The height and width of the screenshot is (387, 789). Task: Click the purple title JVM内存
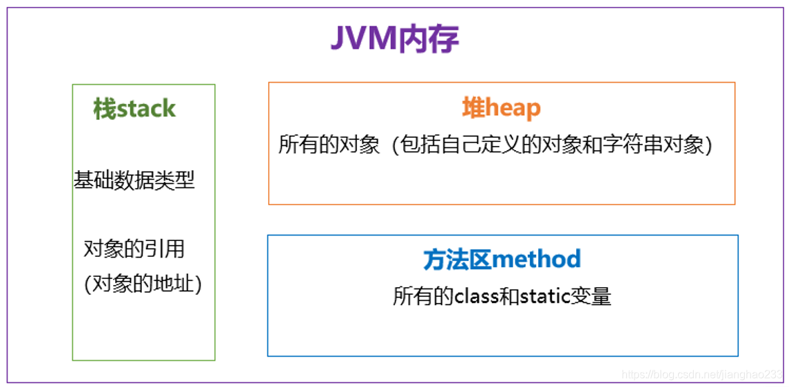point(394,39)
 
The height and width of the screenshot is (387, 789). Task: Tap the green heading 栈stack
point(134,109)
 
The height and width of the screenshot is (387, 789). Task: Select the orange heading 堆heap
point(501,108)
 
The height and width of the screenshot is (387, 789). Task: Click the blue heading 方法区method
point(502,260)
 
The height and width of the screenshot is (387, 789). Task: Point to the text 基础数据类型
point(134,180)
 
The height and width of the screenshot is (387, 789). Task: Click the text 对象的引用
point(134,249)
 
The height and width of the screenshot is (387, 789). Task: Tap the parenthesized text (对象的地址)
point(143,284)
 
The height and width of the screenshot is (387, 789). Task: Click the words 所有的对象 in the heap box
point(329,146)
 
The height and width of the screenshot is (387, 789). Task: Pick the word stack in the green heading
point(146,109)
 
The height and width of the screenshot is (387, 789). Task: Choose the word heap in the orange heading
point(512,109)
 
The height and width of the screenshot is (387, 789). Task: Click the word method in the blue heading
point(536,260)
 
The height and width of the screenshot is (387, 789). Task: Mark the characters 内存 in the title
point(429,39)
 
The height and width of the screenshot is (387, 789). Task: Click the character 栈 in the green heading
point(105,109)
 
